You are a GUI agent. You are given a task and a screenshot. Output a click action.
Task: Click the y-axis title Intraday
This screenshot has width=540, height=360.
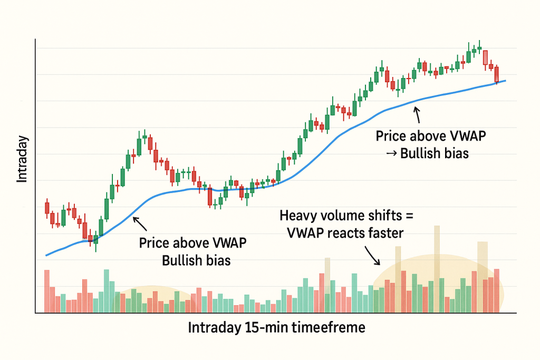pos(22,159)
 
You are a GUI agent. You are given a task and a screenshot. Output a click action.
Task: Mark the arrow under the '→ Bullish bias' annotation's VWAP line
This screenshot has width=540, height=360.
pos(417,114)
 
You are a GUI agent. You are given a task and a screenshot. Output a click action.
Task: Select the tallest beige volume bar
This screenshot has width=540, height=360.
pos(437,253)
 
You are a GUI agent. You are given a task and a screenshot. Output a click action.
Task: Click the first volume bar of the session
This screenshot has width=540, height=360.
pos(46,291)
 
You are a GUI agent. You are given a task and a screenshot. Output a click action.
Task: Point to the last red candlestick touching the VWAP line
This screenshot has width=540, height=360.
pos(496,74)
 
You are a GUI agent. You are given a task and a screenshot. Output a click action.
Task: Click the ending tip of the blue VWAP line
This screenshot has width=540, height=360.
pos(505,81)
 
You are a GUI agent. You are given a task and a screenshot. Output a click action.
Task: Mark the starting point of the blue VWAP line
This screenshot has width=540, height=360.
pos(46,255)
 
